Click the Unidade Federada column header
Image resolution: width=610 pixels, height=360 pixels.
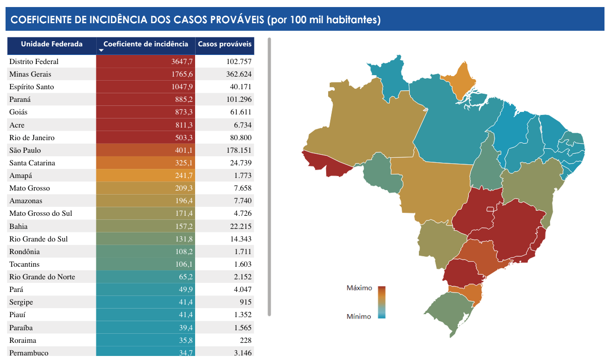(x=51, y=44)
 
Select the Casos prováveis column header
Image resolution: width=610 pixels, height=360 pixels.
(x=224, y=44)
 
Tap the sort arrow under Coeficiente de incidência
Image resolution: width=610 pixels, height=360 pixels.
(x=101, y=50)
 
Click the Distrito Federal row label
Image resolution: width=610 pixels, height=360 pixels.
(x=34, y=62)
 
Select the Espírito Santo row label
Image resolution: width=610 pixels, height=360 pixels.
(x=31, y=87)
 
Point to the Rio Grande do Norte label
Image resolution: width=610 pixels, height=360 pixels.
(x=42, y=277)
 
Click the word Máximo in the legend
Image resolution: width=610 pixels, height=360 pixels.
(x=359, y=288)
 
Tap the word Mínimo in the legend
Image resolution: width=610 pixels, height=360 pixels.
(x=358, y=317)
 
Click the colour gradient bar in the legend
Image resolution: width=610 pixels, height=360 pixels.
(x=382, y=302)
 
